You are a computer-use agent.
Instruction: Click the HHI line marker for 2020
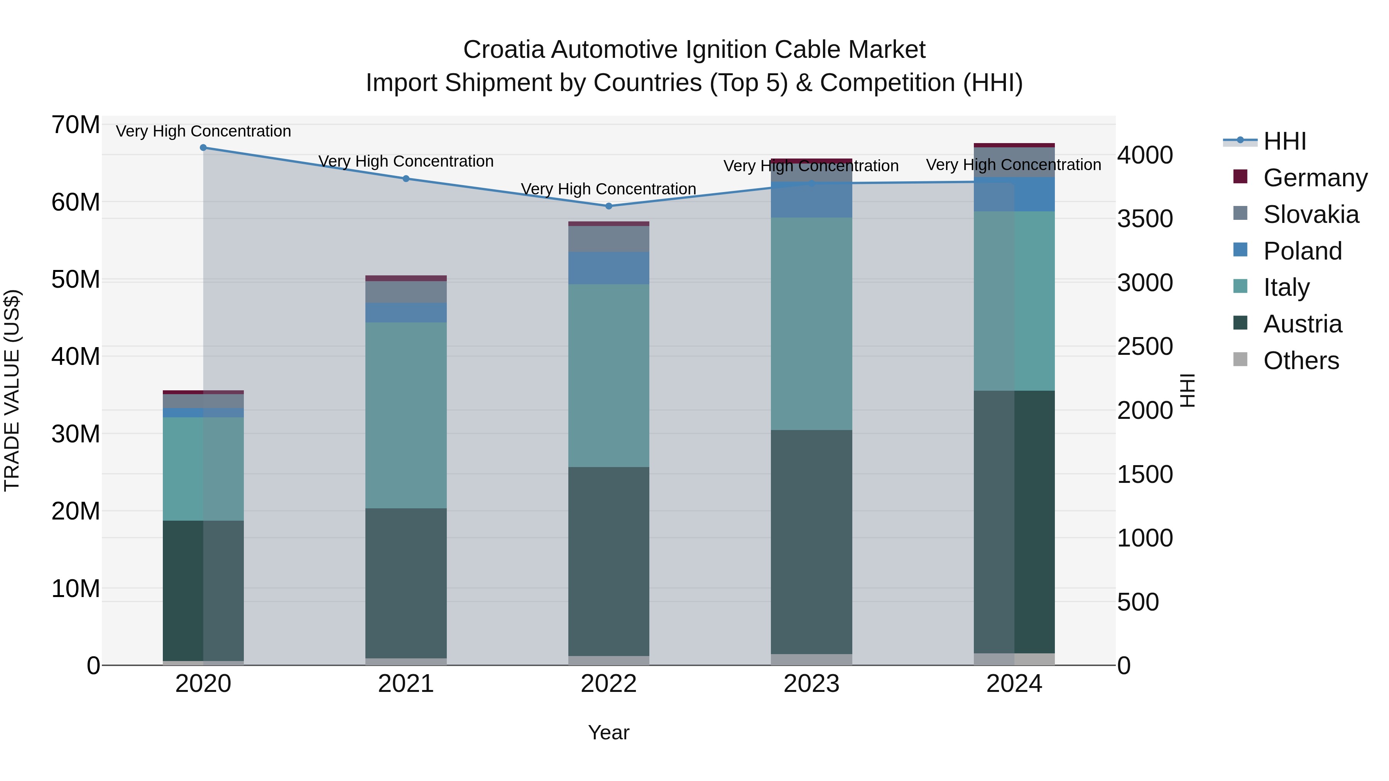coord(203,148)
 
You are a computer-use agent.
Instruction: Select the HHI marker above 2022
coord(609,206)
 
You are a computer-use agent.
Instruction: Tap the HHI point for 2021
coord(406,179)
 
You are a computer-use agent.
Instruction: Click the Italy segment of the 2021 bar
coord(406,415)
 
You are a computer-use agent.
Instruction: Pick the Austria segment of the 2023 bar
coord(811,542)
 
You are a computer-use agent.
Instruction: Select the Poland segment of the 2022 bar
coord(609,268)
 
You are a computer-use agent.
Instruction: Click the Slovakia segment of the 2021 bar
coord(406,292)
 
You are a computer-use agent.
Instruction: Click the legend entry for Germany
coord(1315,178)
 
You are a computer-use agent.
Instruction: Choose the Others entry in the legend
coord(1301,361)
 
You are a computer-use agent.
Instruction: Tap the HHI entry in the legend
coord(1284,141)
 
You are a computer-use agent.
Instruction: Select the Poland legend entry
coord(1302,251)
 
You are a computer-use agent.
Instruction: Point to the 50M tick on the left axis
coord(76,279)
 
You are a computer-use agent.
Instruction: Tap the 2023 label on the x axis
coord(811,684)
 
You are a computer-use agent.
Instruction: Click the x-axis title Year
coord(609,732)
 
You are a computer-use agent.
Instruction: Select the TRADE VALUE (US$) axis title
coord(12,390)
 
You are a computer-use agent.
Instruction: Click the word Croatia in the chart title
coord(504,50)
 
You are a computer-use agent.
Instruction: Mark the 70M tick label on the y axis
coord(76,125)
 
